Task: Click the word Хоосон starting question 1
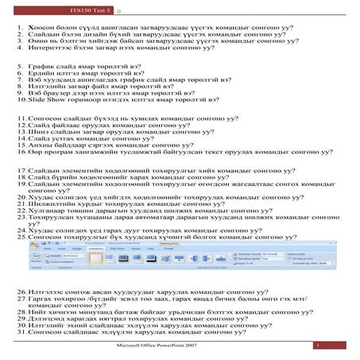(42, 28)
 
